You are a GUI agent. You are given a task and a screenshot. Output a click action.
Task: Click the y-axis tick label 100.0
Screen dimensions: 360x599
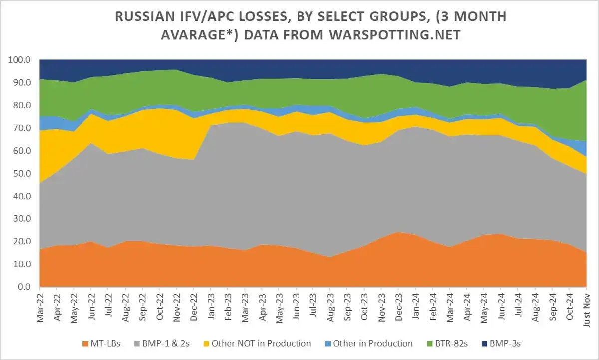pos(20,60)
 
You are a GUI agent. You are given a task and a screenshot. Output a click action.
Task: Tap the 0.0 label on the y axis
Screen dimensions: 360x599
pos(24,287)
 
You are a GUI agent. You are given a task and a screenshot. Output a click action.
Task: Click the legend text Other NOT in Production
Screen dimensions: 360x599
pos(261,344)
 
